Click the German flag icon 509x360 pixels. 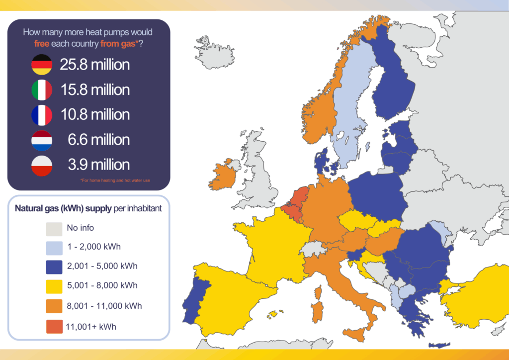pos(41,65)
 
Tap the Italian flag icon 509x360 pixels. pos(41,90)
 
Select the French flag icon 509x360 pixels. pos(41,115)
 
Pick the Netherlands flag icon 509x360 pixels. pos(41,140)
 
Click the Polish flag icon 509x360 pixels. pos(41,165)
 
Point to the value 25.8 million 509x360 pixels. pos(95,65)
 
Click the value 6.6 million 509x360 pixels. pos(99,140)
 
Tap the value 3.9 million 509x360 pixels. pos(99,165)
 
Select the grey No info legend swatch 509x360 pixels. pos(54,229)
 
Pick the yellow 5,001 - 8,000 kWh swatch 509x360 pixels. pos(54,286)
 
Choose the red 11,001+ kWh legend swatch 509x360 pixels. pos(54,326)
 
